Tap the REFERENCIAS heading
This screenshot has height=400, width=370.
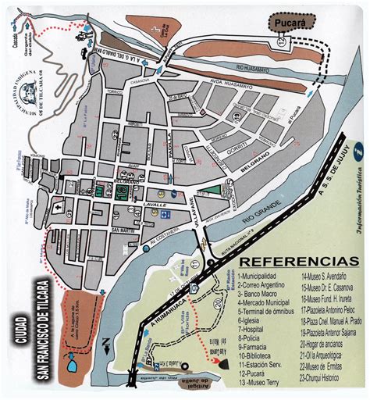pos(293,259)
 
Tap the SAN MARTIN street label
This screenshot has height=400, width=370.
pos(124,230)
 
